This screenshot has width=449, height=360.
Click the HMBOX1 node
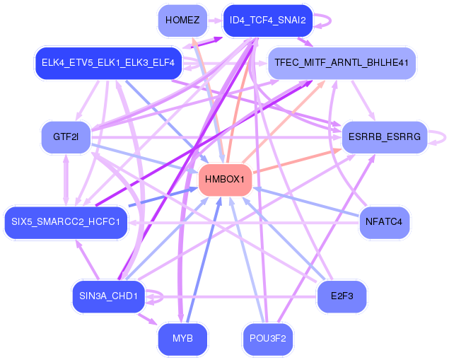(226, 180)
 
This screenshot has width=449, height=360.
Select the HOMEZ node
(182, 20)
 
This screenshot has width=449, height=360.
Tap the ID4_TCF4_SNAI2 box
(267, 20)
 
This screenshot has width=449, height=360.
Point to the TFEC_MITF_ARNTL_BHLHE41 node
(341, 63)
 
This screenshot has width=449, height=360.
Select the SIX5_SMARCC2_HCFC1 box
(66, 223)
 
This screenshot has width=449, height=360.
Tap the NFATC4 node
(384, 223)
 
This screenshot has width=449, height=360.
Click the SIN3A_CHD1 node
(108, 296)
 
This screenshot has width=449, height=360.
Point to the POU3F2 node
(267, 339)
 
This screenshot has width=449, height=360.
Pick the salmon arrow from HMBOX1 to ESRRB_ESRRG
(297, 161)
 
